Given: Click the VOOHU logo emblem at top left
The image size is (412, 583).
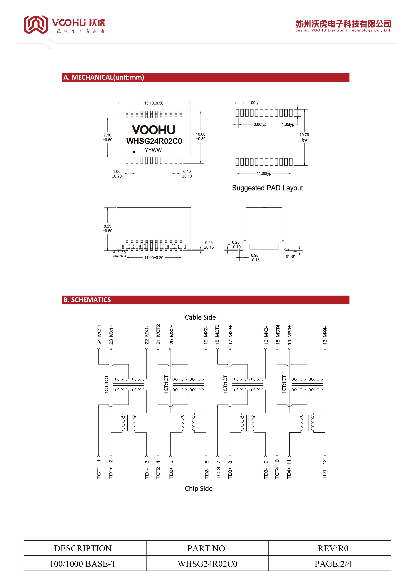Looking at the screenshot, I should coord(36,24).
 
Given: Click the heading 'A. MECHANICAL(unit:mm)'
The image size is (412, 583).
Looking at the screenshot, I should coord(103,77).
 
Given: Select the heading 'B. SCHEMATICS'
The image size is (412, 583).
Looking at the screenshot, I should coord(87,300).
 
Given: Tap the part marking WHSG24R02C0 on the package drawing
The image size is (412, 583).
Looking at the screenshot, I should coord(154,141).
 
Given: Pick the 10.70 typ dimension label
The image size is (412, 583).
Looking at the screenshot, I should coord(304,137).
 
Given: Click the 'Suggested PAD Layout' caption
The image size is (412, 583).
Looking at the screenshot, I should coord(267,188).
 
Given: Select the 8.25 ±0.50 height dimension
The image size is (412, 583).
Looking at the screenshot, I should coord(107,228).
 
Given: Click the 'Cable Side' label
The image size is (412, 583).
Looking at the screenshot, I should coord(200,317).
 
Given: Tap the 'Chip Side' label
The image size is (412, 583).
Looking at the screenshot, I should coord(199,488).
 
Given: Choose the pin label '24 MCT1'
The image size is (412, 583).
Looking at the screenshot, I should coord(99,334).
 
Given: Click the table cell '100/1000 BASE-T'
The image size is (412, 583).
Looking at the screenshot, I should coord(83,564).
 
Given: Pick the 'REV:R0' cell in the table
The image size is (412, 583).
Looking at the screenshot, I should coord(333,548).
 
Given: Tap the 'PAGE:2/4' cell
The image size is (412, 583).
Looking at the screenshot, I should coord(333,564).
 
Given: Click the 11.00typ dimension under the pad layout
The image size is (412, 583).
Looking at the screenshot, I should coord(264,174).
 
